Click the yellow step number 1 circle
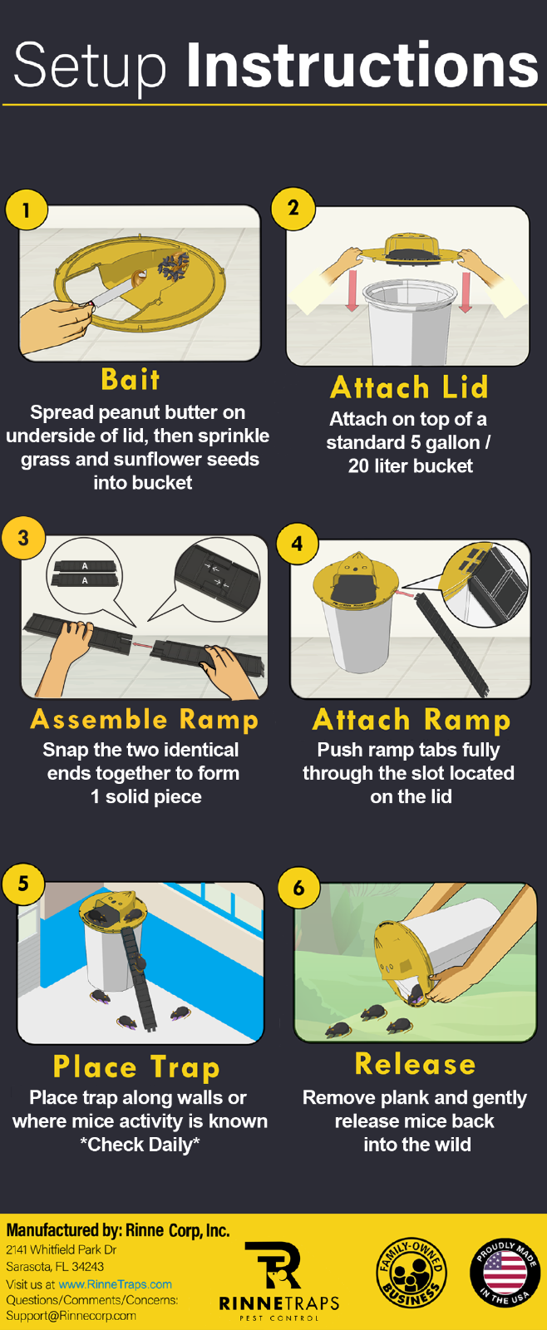tap(26, 209)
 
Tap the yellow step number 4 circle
tap(297, 544)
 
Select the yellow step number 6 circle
tap(298, 888)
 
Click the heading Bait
tap(131, 380)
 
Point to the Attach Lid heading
tap(409, 387)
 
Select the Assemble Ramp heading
tap(145, 719)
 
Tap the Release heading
tap(415, 1064)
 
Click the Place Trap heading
tap(136, 1067)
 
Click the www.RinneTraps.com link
tap(115, 1284)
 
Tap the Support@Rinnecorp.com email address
tap(71, 1316)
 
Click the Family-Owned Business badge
tap(411, 1273)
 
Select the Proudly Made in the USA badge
tap(505, 1273)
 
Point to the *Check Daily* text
tap(140, 1145)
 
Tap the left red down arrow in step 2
tap(352, 291)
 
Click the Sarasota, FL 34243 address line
tap(55, 1267)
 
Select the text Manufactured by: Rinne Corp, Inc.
tap(118, 1231)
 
